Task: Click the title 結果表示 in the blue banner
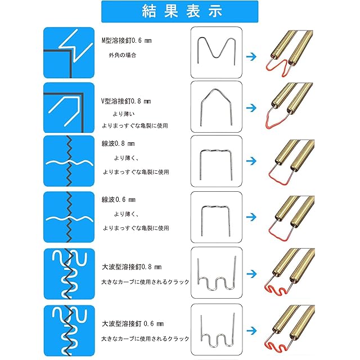tap(179, 11)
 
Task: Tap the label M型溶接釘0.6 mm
tap(127, 41)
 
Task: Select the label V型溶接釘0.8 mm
tap(126, 101)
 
